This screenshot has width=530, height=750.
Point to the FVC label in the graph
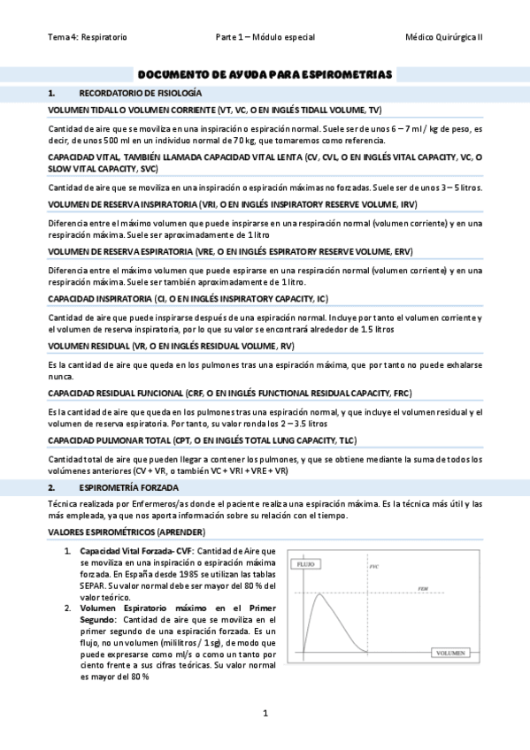(373, 566)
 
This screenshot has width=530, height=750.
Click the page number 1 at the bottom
(265, 713)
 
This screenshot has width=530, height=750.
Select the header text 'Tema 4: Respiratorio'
(88, 37)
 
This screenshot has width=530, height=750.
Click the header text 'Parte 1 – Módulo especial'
(265, 37)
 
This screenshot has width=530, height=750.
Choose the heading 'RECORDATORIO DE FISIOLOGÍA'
(141, 92)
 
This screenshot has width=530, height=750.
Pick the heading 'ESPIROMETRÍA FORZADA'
(129, 487)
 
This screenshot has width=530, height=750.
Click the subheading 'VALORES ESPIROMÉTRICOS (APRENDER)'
(127, 531)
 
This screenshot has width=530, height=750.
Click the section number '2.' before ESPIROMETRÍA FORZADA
(52, 487)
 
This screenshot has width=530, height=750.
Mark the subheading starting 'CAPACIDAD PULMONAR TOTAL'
(203, 440)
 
